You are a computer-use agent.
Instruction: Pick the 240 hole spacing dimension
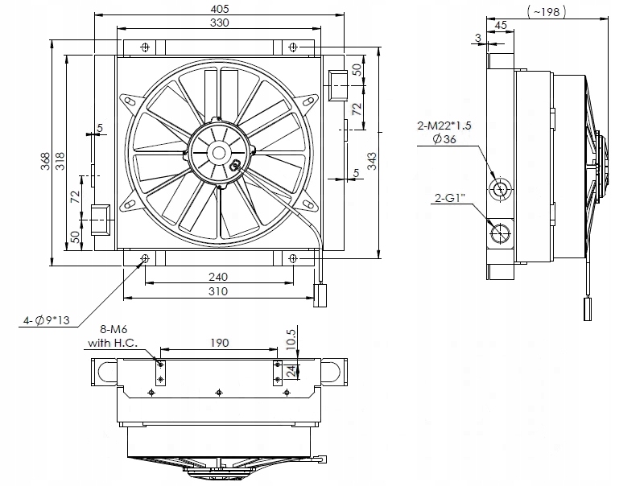click(x=217, y=276)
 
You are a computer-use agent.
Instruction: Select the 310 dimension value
click(x=217, y=291)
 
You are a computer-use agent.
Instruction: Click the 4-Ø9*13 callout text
click(x=47, y=321)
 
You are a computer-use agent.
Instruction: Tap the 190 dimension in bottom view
click(x=219, y=343)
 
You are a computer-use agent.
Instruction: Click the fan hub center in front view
click(x=219, y=151)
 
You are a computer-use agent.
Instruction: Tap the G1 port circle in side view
click(x=501, y=234)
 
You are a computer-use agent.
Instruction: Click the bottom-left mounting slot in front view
click(x=145, y=258)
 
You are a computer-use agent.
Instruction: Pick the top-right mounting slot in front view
click(x=293, y=47)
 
